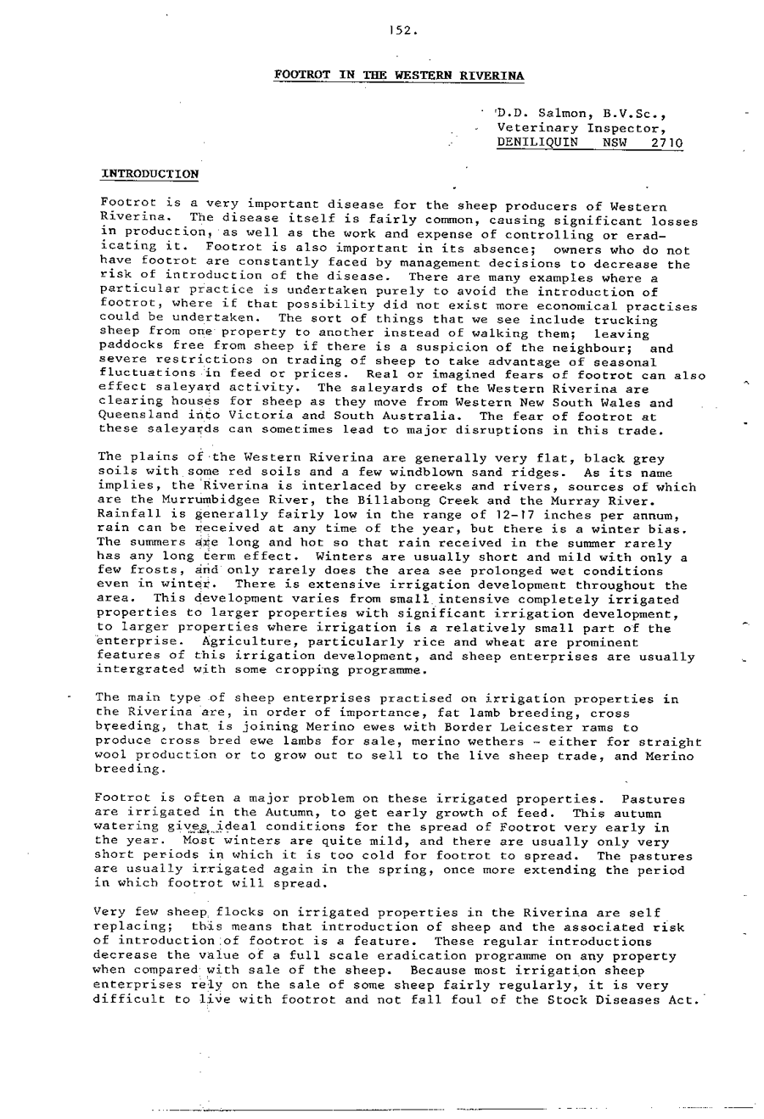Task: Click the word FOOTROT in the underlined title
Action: [x=301, y=76]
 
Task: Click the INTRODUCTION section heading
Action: [x=149, y=174]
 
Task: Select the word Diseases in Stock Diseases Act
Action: [x=619, y=999]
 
